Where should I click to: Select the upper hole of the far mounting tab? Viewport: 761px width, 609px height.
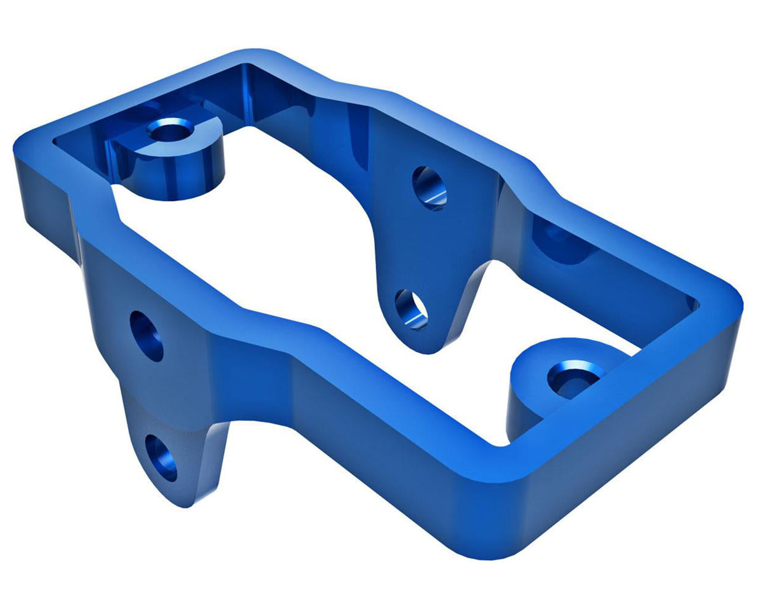[x=429, y=188]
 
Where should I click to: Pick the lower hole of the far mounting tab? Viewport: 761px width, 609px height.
[x=412, y=309]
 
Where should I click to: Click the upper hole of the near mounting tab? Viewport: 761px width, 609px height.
[x=146, y=336]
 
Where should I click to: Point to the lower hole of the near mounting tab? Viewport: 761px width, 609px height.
[x=162, y=457]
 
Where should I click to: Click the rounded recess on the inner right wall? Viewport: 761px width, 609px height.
[x=558, y=241]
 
